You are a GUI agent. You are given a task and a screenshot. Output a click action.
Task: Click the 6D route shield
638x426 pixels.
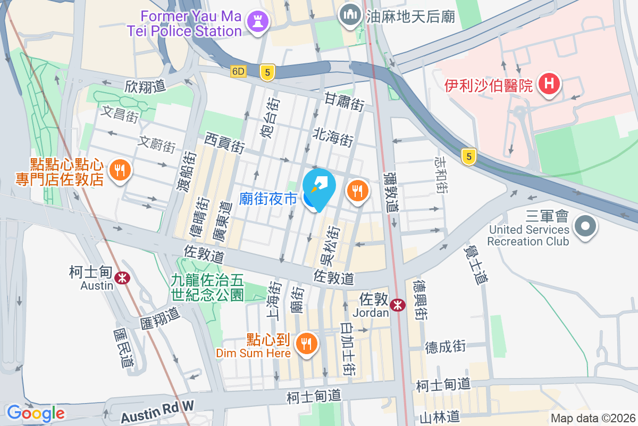(239, 71)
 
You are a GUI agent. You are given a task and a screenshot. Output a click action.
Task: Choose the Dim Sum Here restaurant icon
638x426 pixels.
(306, 342)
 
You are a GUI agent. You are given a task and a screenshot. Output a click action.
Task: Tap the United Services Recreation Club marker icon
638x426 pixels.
(585, 226)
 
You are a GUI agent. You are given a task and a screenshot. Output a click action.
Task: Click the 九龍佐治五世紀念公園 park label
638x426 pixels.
(207, 287)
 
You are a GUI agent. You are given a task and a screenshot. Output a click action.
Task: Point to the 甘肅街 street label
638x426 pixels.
(345, 101)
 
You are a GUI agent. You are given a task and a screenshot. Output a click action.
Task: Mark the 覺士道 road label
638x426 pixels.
(475, 263)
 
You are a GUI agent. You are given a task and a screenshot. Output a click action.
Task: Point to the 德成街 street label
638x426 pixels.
(446, 347)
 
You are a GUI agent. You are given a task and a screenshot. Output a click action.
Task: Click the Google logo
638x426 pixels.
(36, 413)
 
